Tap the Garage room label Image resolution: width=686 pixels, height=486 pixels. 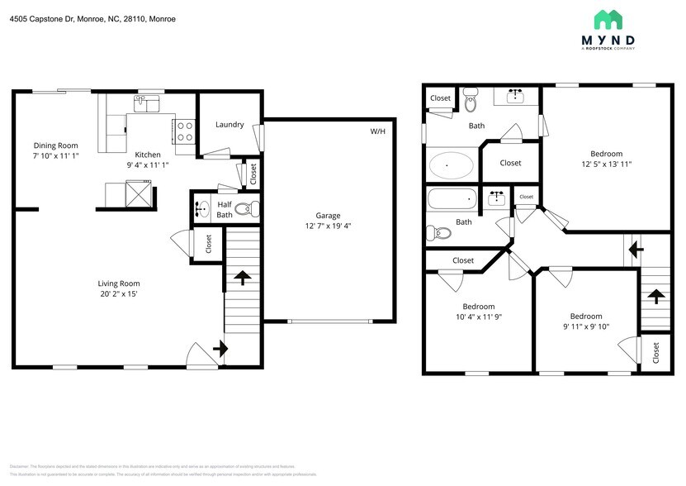click(x=328, y=215)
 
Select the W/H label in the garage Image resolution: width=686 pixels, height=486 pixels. click(x=377, y=131)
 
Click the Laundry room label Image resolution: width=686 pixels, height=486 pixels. click(x=229, y=125)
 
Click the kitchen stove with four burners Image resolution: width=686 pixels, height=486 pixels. click(x=184, y=131)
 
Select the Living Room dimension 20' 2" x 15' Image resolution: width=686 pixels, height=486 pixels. click(x=118, y=294)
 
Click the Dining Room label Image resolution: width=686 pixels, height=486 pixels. click(x=55, y=145)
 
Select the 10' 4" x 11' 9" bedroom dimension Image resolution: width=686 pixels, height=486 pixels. click(x=478, y=317)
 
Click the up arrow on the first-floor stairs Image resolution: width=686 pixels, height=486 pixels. click(x=243, y=276)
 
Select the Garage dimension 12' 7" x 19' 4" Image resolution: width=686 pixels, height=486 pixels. click(x=328, y=226)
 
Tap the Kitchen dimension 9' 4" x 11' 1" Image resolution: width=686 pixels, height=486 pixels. click(x=148, y=164)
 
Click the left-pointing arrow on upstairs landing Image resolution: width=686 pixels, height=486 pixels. click(x=634, y=248)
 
